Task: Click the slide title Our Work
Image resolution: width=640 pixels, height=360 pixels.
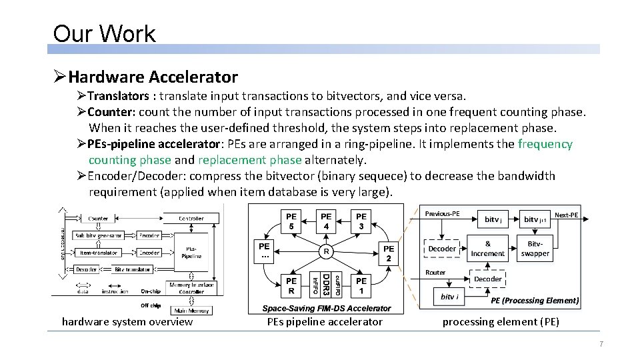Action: pos(104,33)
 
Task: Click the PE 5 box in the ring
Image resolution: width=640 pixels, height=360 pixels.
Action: pos(291,221)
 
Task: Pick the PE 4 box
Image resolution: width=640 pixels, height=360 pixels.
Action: pos(326,221)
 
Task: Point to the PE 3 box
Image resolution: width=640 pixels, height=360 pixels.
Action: pos(361,221)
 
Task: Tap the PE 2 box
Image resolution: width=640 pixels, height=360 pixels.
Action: pos(389,253)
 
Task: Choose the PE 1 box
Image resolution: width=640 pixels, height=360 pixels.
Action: pos(361,285)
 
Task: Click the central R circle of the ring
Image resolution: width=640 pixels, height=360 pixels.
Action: pos(325,252)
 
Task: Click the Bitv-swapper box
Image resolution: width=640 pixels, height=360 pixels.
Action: pos(535,249)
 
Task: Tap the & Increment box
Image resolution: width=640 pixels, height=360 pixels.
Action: pos(487,249)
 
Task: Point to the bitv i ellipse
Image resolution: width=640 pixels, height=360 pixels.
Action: pos(449,297)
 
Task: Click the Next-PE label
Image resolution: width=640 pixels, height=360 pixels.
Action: pos(566,215)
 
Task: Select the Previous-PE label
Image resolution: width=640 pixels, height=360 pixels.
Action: pos(442,214)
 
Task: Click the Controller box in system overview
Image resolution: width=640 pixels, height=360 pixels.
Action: pos(191,219)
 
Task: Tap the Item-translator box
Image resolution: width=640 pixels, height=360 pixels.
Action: pos(99,253)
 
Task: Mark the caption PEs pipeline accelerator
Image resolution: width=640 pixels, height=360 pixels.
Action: pos(325,322)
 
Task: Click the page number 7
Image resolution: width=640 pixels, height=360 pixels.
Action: pos(601,344)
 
